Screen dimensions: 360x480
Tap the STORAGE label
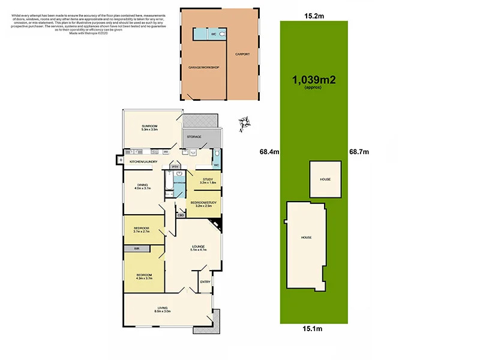(x=194, y=137)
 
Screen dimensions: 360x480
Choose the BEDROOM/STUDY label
(x=203, y=204)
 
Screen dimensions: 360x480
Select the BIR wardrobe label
(x=137, y=248)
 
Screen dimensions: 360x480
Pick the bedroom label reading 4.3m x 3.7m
(x=144, y=276)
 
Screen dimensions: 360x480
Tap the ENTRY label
(x=205, y=282)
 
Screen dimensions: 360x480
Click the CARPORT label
(x=242, y=54)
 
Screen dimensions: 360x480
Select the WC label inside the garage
(x=213, y=34)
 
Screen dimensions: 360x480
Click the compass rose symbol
(x=243, y=124)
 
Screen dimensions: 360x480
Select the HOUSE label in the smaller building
(x=325, y=179)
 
